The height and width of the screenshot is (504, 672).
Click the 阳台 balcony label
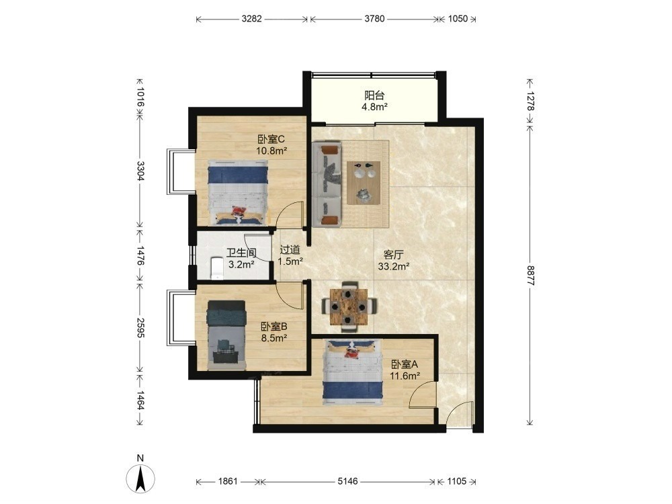(x=374, y=95)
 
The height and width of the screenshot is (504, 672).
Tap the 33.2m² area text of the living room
(x=393, y=267)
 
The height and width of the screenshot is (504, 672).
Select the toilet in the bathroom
(x=218, y=268)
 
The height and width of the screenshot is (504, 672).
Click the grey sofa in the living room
(x=327, y=185)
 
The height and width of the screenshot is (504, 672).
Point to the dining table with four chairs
(x=349, y=306)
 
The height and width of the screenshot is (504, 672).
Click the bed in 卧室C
(x=238, y=192)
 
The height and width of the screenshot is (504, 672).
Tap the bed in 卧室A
(x=353, y=372)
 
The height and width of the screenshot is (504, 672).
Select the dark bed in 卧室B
(x=226, y=335)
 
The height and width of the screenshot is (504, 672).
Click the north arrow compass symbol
(x=140, y=478)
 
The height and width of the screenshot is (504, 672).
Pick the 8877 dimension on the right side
(x=531, y=275)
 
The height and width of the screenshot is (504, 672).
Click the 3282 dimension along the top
(x=251, y=19)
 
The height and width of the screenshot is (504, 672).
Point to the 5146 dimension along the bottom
(x=347, y=481)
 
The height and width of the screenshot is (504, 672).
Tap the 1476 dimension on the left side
(x=140, y=255)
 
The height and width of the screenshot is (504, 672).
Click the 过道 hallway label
(x=290, y=249)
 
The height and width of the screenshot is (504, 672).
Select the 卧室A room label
(x=404, y=365)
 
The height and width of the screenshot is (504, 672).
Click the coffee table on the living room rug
(x=364, y=183)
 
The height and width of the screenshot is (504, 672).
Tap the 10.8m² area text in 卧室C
(x=271, y=151)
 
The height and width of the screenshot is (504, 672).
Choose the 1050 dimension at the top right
(x=458, y=19)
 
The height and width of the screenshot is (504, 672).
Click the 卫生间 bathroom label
(x=241, y=253)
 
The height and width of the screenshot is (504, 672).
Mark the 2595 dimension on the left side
(x=140, y=327)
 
